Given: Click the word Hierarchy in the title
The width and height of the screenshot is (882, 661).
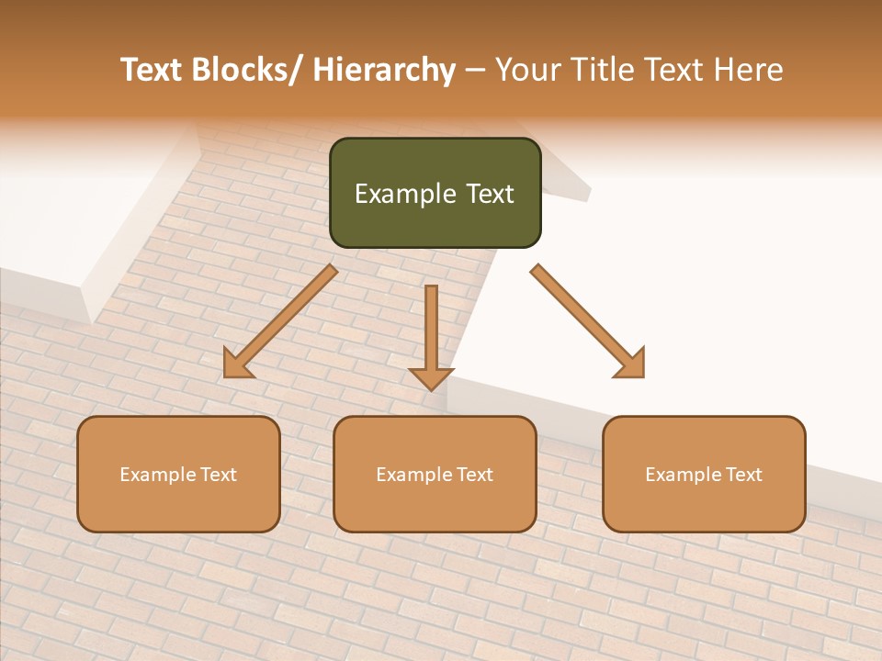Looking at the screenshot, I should (383, 70).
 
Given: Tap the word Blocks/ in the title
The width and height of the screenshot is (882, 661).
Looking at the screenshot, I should (248, 70).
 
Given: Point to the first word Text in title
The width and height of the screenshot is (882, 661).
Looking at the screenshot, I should (153, 70).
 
